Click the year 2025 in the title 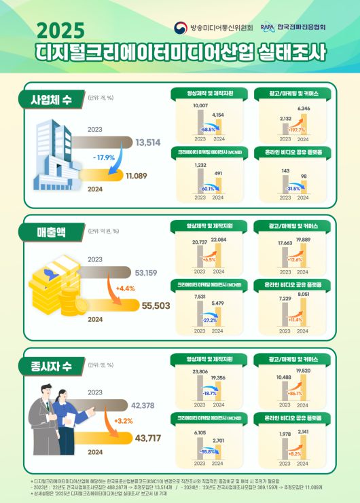click(60, 29)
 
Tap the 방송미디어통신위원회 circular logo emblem click(180, 28)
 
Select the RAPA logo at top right click(267, 28)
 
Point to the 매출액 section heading click(51, 232)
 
